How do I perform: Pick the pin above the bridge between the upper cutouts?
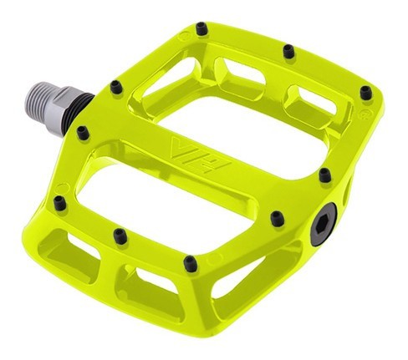click(x=288, y=51)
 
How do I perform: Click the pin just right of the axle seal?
click(x=115, y=84)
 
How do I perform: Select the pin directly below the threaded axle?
click(x=82, y=132)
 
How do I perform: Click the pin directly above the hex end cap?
click(x=324, y=175)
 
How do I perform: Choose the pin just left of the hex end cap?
click(x=277, y=219)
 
